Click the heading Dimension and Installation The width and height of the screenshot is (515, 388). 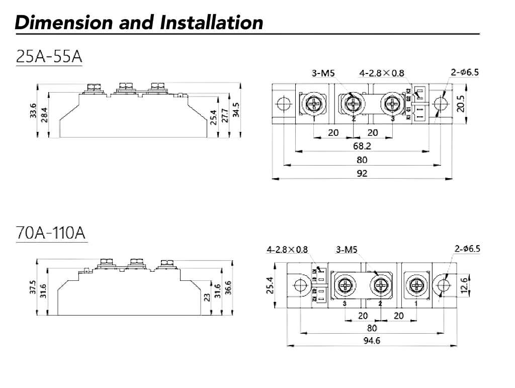pyautogui.click(x=139, y=22)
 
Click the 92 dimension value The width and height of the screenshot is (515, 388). pyautogui.click(x=362, y=173)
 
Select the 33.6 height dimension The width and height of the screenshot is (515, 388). pyautogui.click(x=33, y=111)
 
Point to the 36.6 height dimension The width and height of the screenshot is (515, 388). pyautogui.click(x=228, y=287)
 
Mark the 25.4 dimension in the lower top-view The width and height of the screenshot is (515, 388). pyautogui.click(x=270, y=285)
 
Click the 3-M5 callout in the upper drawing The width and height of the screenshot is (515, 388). pyautogui.click(x=323, y=73)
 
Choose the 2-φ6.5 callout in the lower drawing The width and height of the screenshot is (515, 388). pyautogui.click(x=467, y=249)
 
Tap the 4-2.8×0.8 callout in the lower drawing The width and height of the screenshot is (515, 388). pyautogui.click(x=287, y=249)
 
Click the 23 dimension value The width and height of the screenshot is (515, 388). pyautogui.click(x=207, y=297)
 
